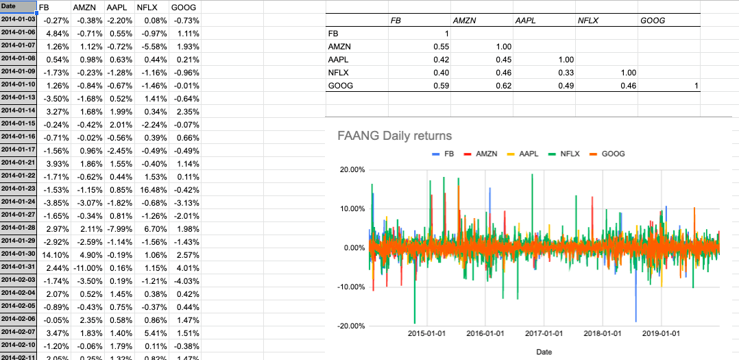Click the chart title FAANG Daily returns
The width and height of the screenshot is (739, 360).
tap(395, 136)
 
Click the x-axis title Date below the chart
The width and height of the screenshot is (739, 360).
tap(544, 352)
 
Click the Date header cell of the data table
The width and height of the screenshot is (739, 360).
tap(18, 6)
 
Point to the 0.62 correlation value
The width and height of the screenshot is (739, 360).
tap(503, 86)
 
